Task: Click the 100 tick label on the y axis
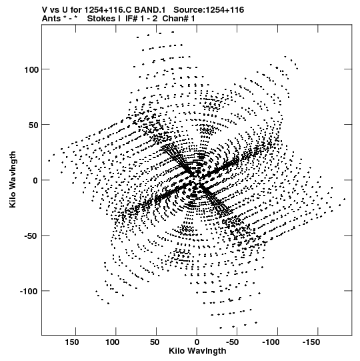point(32,69)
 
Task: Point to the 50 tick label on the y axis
point(34,125)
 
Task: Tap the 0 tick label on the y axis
point(35,180)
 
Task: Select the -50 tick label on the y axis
point(32,236)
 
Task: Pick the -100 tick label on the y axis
point(29,292)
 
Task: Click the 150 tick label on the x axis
point(72,342)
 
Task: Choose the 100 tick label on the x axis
point(112,342)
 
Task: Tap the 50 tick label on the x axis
point(155,342)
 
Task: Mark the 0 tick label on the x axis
point(197,342)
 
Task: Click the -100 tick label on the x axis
point(271,342)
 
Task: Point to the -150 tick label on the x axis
point(311,342)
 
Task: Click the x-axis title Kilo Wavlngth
point(197,351)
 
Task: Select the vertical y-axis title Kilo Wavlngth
point(13,179)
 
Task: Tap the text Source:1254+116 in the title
point(209,10)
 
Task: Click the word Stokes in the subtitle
point(102,19)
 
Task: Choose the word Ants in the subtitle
point(51,19)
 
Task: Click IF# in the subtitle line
point(131,19)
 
